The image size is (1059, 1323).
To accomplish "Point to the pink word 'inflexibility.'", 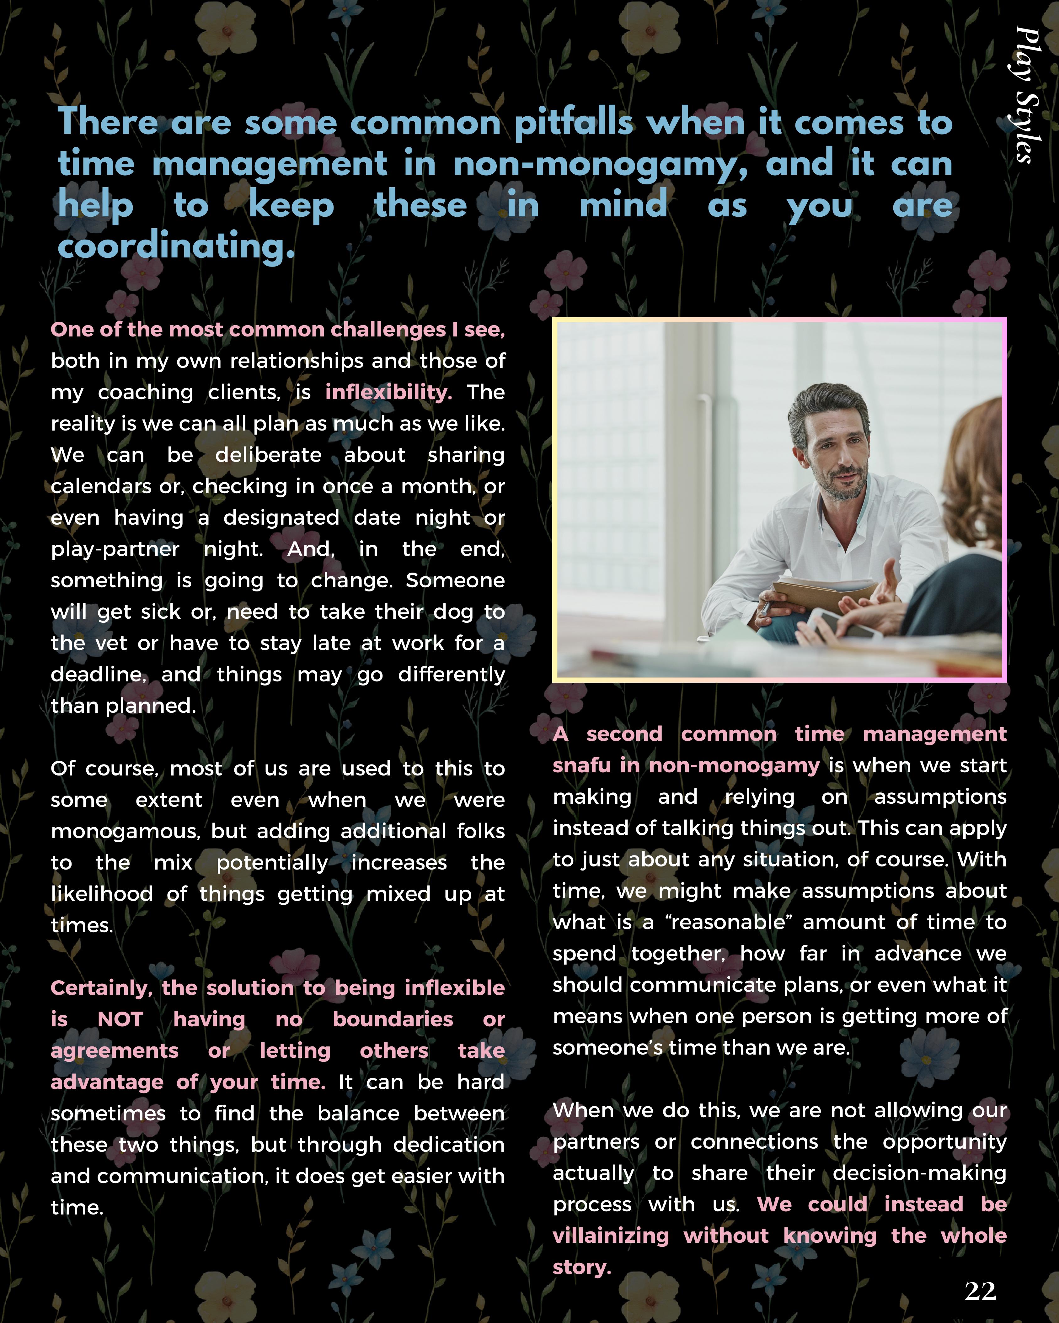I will pos(388,392).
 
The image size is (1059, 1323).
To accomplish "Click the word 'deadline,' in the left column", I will pos(98,675).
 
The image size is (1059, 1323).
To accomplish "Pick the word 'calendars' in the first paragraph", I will pos(101,487).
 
